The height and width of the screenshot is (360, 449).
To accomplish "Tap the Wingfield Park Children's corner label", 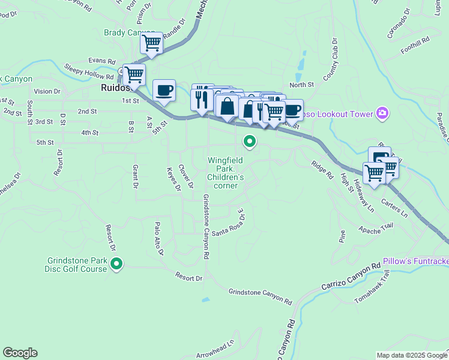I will (226, 173).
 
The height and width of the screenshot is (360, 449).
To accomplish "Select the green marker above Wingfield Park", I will (249, 142).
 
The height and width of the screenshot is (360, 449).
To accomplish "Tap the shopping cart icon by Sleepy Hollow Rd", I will (134, 74).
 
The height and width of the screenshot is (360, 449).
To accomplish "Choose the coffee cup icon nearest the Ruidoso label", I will (164, 91).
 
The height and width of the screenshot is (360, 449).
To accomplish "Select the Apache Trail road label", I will (375, 227).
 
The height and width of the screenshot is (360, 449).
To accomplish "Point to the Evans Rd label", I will (101, 61).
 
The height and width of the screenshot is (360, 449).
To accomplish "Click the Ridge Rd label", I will (322, 169).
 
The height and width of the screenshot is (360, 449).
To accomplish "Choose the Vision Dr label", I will (47, 91).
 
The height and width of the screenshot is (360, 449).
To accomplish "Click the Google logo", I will (20, 353).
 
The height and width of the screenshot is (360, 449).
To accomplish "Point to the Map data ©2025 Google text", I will (411, 355).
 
